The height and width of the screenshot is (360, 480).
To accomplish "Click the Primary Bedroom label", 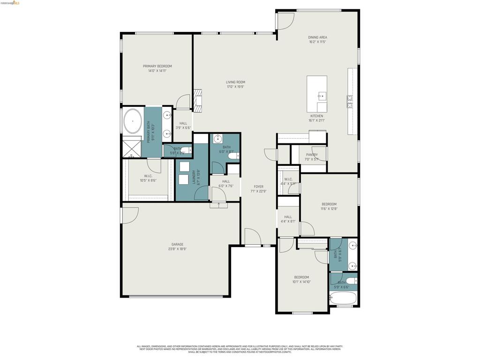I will tap(157, 66).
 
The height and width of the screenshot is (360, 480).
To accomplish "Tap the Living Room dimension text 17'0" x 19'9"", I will tap(235, 86).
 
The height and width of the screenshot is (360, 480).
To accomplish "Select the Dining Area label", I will tap(317, 37).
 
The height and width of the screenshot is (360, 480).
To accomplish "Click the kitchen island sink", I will tap(322, 96).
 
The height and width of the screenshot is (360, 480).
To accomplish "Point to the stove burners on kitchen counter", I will tap(350, 102).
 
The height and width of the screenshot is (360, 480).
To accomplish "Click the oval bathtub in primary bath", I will tap(133, 121).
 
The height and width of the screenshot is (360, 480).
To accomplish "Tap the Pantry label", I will tap(312, 155).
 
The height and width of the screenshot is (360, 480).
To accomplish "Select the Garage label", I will tap(177, 244).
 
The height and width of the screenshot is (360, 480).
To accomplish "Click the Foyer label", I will tap(259, 187).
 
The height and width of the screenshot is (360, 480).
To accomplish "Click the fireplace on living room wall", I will tap(198, 101).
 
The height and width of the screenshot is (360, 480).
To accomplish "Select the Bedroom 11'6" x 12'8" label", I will tap(329, 204).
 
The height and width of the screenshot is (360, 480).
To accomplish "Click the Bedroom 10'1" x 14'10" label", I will tap(301, 277).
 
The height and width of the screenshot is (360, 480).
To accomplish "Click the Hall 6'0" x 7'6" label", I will tap(226, 181).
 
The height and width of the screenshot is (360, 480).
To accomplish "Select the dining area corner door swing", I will tap(285, 20).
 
